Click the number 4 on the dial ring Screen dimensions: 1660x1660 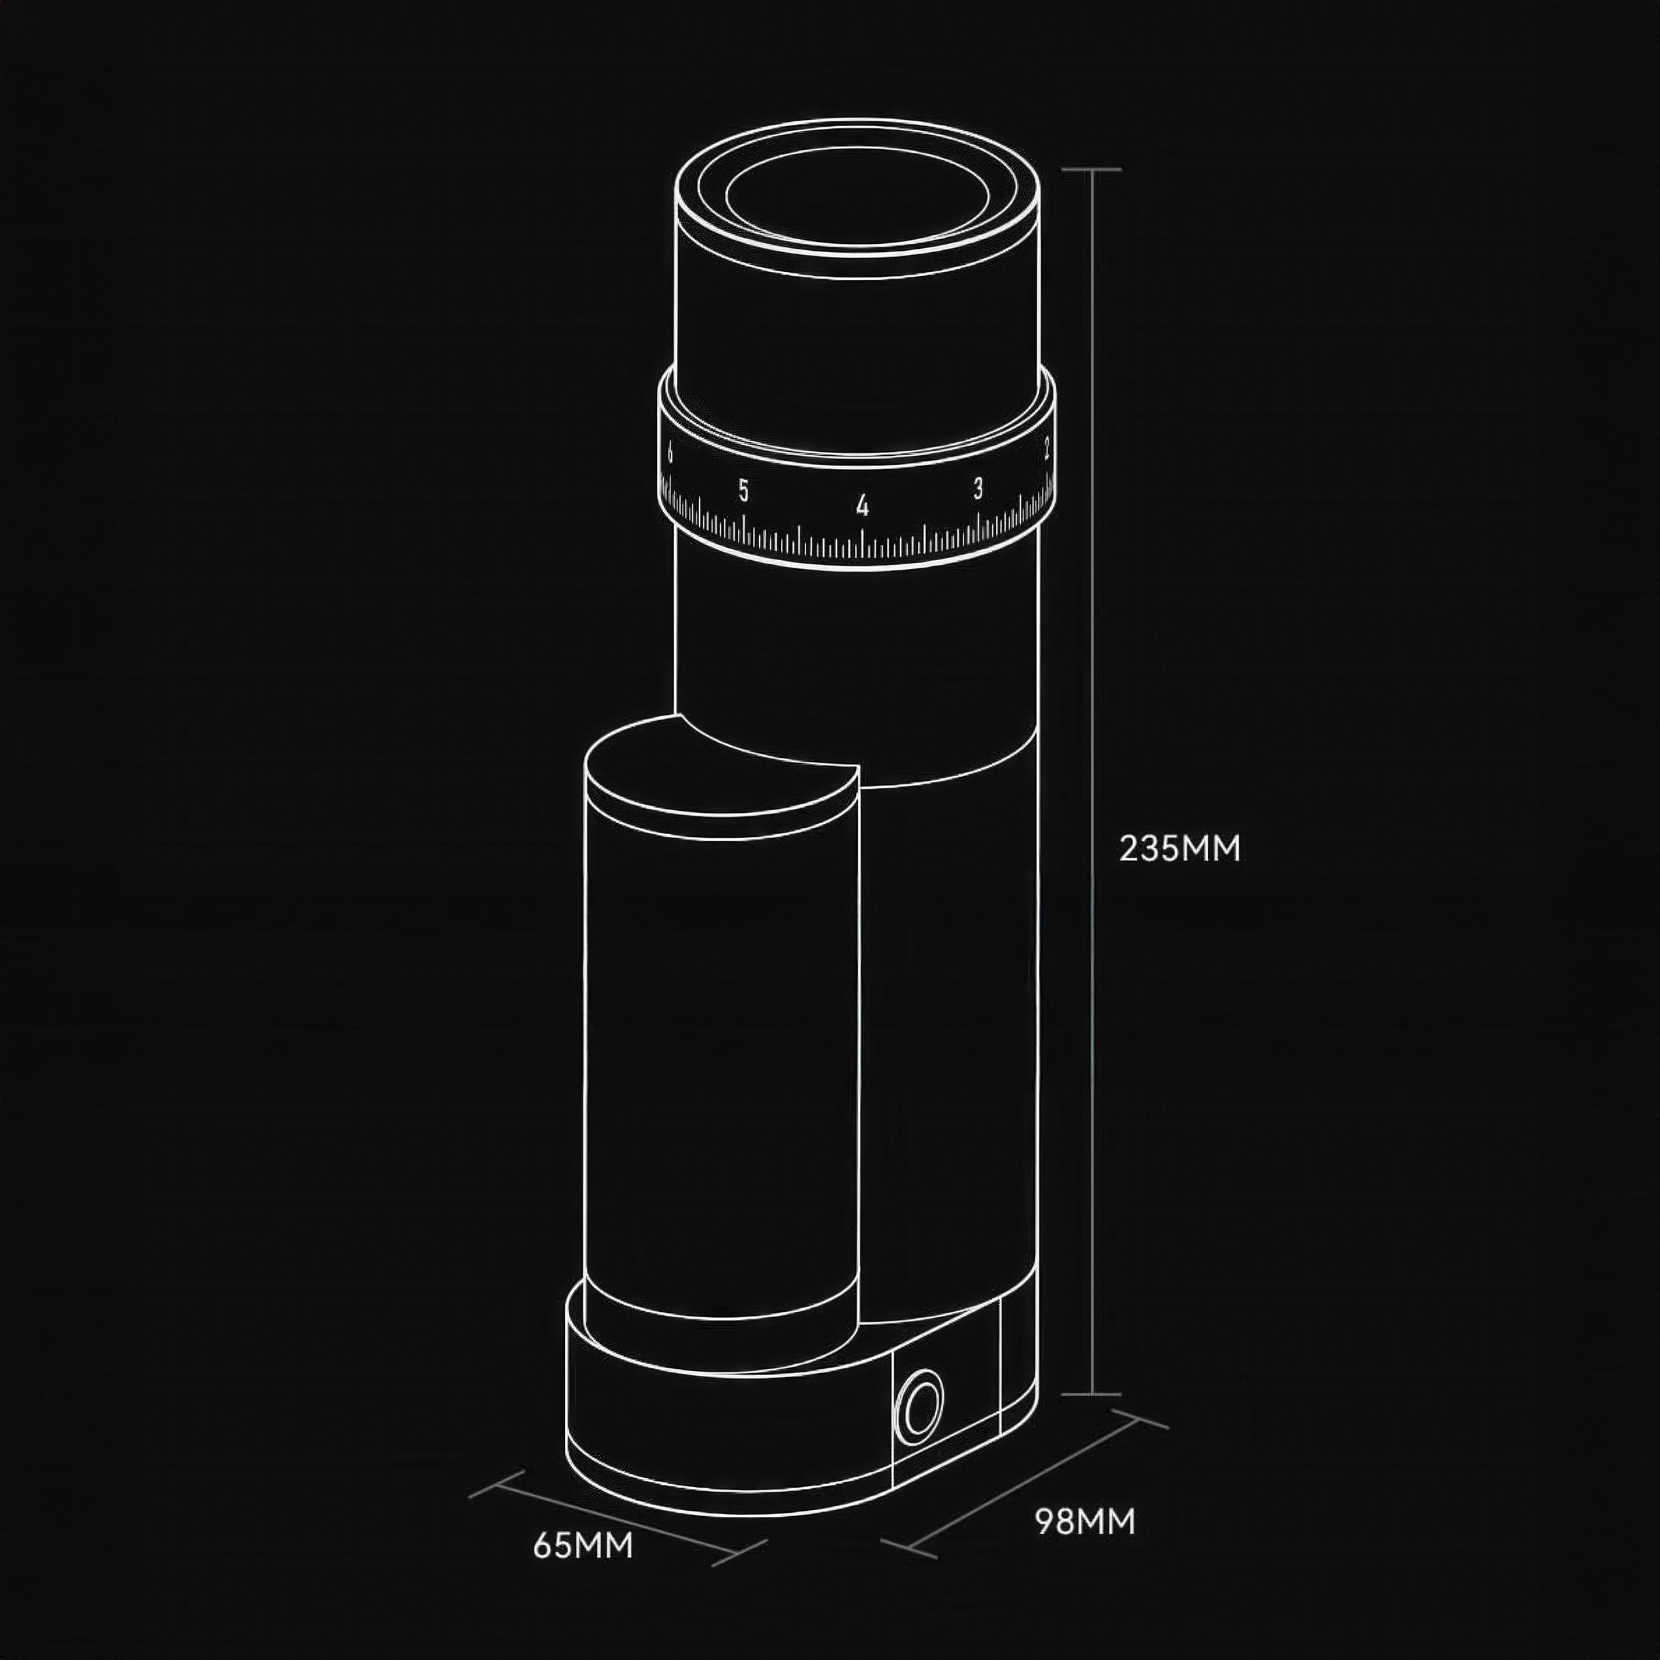point(863,505)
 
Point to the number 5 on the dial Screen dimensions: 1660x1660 point(743,492)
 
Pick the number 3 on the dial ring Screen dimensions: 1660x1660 point(978,489)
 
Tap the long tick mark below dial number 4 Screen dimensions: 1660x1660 point(863,541)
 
